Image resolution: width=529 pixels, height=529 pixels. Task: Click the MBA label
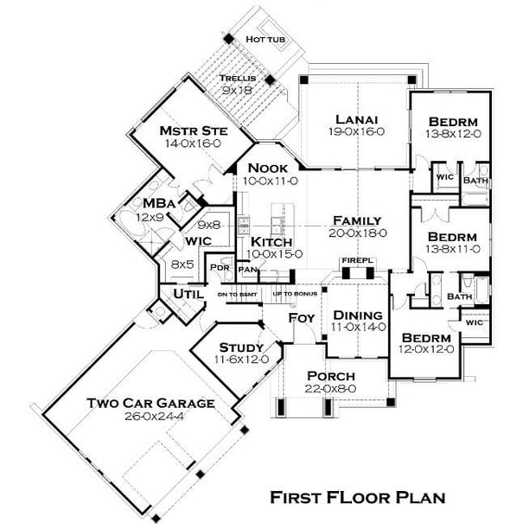point(160,204)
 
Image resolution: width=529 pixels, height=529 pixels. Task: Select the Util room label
point(188,295)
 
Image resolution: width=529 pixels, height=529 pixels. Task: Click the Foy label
point(302,316)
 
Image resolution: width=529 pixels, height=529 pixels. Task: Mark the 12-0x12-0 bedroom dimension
point(427,350)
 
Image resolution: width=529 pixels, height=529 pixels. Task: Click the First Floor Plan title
point(357,497)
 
